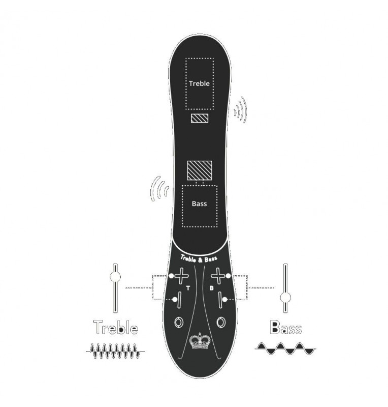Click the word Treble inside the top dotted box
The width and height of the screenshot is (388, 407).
tap(199, 83)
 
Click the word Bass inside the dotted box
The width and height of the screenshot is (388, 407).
tap(199, 204)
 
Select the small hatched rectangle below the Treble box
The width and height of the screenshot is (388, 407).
tap(199, 119)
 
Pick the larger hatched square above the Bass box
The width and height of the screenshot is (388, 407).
tap(199, 170)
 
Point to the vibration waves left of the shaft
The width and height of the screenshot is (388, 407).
tap(159, 190)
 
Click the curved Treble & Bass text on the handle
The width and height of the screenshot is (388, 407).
tap(199, 258)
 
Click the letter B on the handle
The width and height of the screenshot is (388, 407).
tap(211, 288)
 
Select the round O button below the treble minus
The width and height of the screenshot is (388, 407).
tap(179, 322)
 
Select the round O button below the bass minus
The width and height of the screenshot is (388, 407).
tap(221, 322)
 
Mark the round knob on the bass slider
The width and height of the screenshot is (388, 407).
tap(285, 297)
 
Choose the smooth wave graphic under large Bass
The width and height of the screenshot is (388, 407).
tap(284, 348)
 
